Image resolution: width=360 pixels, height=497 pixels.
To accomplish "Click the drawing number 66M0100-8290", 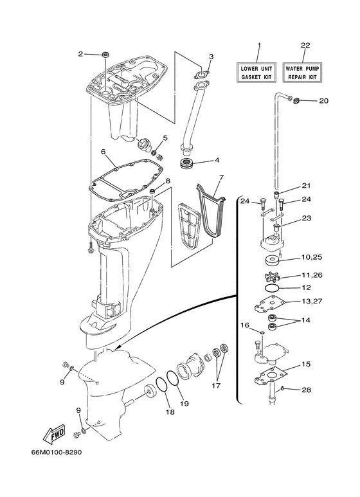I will point(55,452).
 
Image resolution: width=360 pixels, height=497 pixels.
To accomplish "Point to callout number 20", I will point(323,101).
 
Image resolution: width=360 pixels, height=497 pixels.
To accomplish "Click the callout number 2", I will point(81,54).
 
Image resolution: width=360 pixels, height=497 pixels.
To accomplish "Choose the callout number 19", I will point(184,403).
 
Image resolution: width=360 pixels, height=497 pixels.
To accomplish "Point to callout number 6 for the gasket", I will point(103,152).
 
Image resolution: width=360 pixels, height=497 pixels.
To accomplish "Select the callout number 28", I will point(307,389).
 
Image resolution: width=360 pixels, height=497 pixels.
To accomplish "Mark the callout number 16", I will point(244,325).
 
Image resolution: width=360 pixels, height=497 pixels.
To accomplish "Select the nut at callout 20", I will point(297,100).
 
